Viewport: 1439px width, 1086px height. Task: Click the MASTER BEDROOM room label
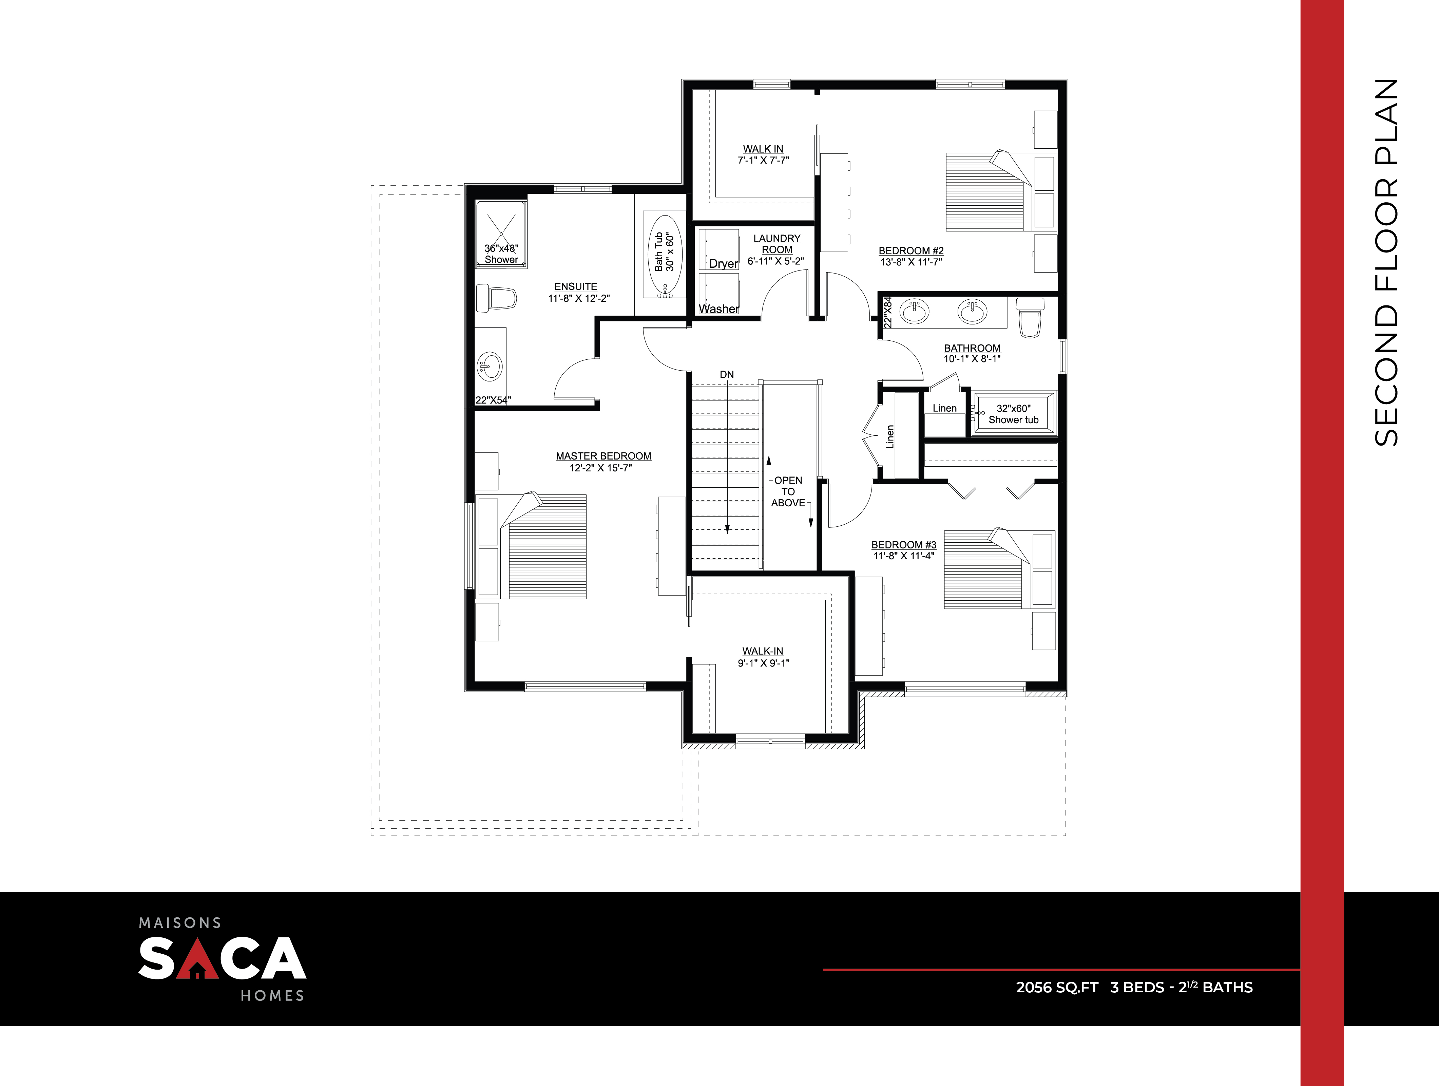603,456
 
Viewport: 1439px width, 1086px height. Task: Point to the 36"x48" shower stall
501,234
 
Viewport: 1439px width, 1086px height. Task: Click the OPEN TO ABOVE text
788,491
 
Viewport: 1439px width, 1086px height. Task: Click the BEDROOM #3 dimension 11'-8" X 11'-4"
904,556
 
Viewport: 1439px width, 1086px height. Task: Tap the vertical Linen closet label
890,437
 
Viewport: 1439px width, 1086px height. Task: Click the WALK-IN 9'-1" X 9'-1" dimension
763,663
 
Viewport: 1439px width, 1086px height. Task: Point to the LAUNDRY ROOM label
777,244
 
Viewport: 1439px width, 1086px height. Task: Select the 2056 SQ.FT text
1056,987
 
